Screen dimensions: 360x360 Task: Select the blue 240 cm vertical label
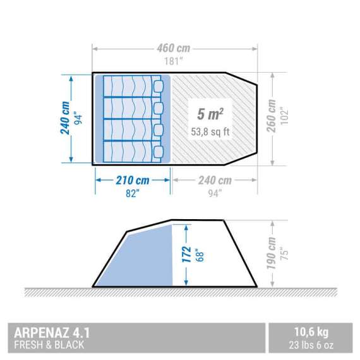[x=64, y=119]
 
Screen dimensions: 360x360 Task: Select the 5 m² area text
[x=208, y=116]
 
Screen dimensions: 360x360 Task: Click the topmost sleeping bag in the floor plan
[x=132, y=86]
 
